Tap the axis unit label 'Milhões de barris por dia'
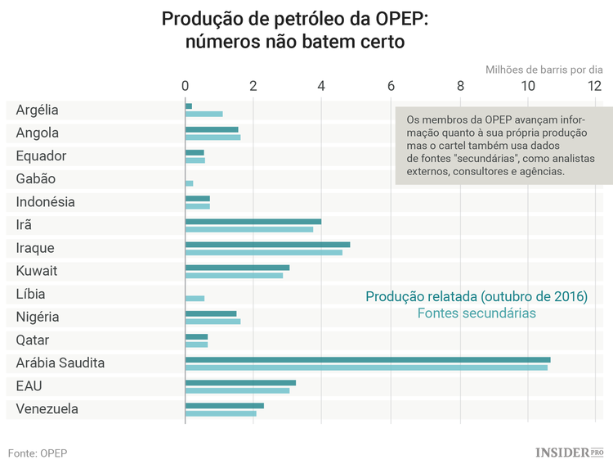[544, 70]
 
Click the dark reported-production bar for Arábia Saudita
[368, 359]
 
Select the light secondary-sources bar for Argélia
[204, 114]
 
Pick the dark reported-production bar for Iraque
[267, 245]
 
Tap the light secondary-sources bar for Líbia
[195, 298]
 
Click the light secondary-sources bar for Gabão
[189, 183]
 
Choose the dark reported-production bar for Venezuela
[225, 405]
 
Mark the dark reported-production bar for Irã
[253, 221]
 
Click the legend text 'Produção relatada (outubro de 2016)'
[477, 296]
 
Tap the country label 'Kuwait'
[37, 271]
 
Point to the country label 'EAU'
[29, 385]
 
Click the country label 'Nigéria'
[38, 317]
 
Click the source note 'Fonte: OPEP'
[38, 453]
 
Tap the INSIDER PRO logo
[569, 452]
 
